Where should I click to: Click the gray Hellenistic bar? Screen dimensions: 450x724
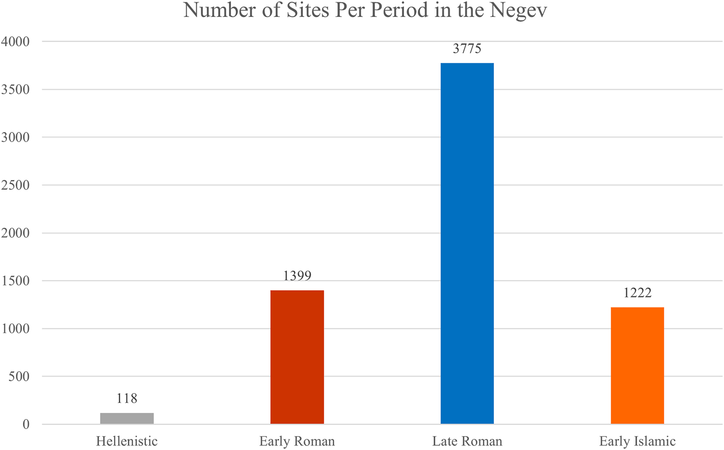pyautogui.click(x=127, y=418)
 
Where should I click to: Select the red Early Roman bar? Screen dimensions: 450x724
pyautogui.click(x=297, y=357)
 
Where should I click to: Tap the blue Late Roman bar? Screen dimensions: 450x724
pyautogui.click(x=467, y=244)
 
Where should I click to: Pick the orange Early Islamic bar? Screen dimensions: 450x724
pyautogui.click(x=637, y=366)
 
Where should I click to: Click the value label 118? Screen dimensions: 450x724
pyautogui.click(x=127, y=398)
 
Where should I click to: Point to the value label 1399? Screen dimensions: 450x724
pyautogui.click(x=297, y=276)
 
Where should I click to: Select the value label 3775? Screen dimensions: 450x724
pyautogui.click(x=467, y=48)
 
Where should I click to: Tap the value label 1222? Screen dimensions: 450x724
pyautogui.click(x=637, y=292)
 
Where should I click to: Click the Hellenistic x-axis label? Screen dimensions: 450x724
pyautogui.click(x=127, y=441)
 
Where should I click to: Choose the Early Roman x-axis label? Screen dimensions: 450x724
pyautogui.click(x=297, y=441)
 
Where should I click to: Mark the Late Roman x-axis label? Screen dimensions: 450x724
pyautogui.click(x=467, y=441)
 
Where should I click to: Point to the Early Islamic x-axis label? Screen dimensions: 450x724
pyautogui.click(x=637, y=441)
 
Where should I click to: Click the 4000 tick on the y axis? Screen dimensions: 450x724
pyautogui.click(x=15, y=42)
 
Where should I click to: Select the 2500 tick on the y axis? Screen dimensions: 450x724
pyautogui.click(x=15, y=185)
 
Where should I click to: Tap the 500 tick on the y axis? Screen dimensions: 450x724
pyautogui.click(x=19, y=376)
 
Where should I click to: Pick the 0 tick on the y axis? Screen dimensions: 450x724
pyautogui.click(x=26, y=424)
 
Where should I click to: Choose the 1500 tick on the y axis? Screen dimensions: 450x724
pyautogui.click(x=15, y=281)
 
